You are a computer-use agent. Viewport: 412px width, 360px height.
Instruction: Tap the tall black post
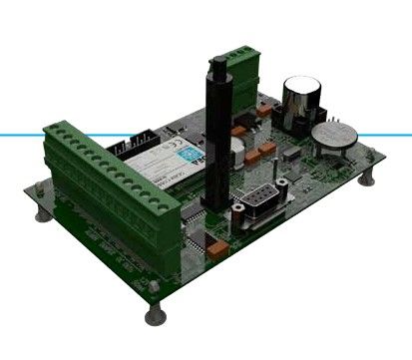pos(213,140)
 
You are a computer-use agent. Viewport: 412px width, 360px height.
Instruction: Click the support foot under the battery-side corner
pos(370,180)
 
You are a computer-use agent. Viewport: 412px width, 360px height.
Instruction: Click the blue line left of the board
pos(20,133)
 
